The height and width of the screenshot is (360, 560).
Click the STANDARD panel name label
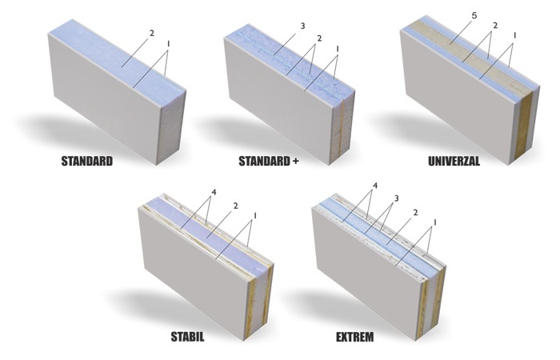point(86,161)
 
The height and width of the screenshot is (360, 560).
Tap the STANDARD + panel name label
point(269,161)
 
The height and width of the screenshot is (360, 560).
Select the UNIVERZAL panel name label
point(454,161)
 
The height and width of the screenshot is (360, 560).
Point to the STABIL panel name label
point(187,337)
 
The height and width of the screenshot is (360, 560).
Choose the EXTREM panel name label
point(355,337)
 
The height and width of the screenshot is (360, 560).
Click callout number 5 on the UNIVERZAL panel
point(474,16)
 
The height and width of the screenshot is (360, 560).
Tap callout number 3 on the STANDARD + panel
point(302,26)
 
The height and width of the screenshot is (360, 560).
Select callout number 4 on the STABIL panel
point(214,193)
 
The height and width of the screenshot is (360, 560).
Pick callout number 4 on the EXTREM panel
point(374,186)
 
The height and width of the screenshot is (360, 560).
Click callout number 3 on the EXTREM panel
point(396,198)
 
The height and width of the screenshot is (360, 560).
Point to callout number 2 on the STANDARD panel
point(152,34)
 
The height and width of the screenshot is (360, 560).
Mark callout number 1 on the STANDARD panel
point(168,43)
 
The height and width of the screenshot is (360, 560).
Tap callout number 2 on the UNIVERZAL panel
point(495,26)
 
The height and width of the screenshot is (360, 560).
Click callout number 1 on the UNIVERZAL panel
point(514,35)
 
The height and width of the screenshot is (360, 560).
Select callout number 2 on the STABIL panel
point(235,206)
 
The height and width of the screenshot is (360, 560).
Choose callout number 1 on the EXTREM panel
point(434,222)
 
